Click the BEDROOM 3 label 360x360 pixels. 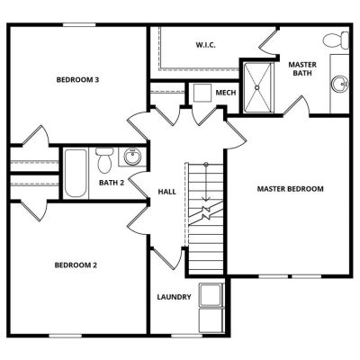point(77,80)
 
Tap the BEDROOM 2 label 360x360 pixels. point(76,265)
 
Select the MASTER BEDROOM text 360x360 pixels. point(290,189)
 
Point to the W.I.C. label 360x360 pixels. point(206,45)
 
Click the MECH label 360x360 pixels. point(226,93)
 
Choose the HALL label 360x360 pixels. point(166,192)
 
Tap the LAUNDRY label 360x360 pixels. point(174,297)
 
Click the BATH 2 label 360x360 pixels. point(112,183)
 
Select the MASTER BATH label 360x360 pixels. point(302,68)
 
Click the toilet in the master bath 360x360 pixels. point(336,40)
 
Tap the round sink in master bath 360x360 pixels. point(340,84)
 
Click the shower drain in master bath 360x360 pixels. point(256,87)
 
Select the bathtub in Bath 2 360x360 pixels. point(76,173)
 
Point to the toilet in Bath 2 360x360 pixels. point(104,160)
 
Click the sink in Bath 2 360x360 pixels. point(132,157)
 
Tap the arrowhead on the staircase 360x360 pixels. point(206,198)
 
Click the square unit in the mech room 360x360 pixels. point(202,93)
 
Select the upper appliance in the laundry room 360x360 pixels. point(211,295)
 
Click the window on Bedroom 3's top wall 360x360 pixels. point(79,25)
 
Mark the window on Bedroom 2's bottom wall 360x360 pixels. point(65,336)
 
